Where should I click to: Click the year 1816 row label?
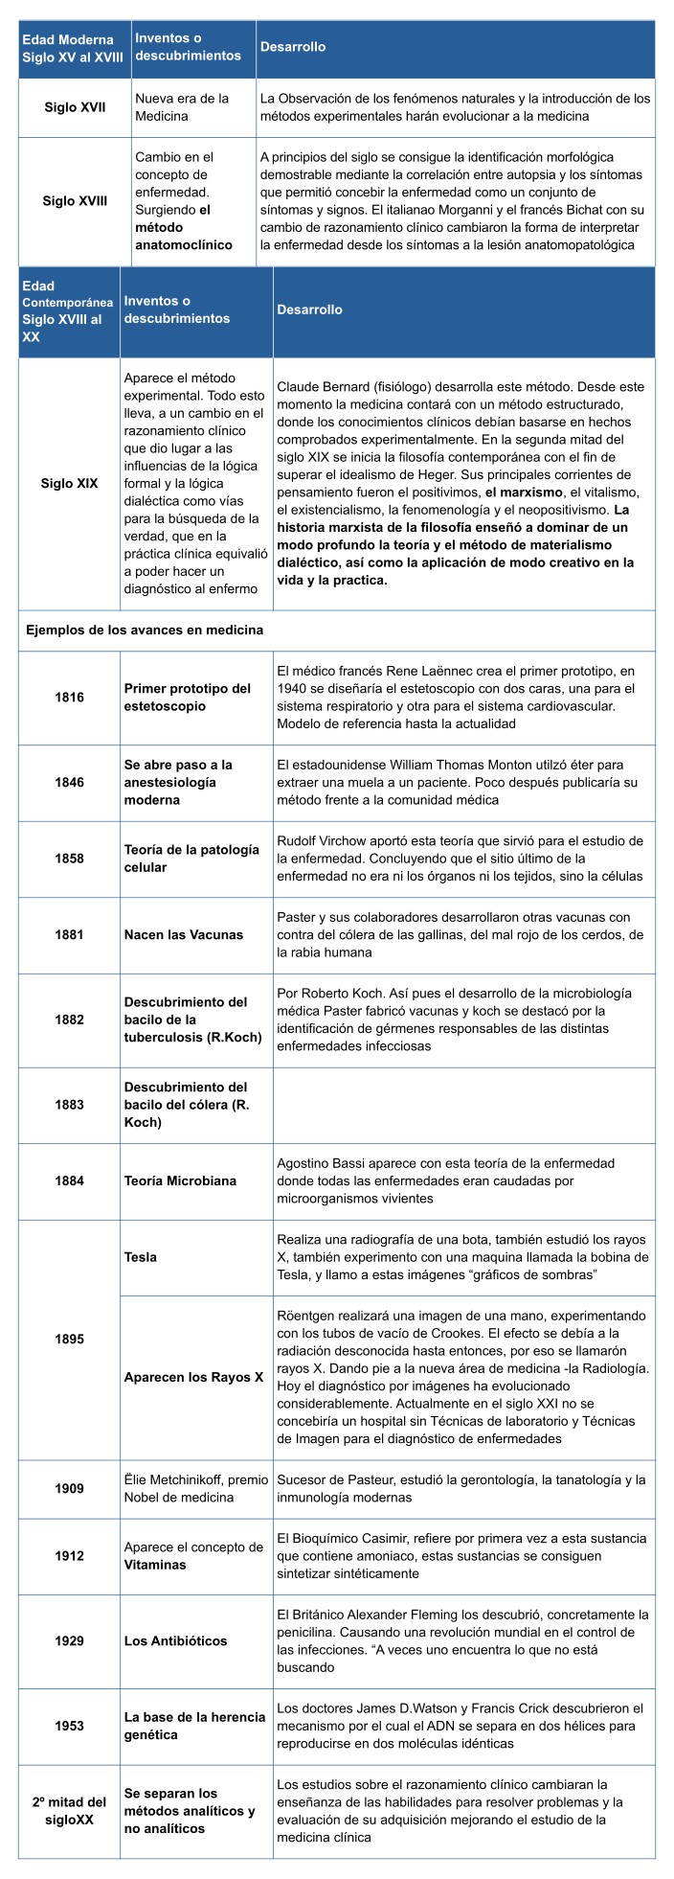(69, 697)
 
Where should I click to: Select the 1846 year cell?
(69, 782)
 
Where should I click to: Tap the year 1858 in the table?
(69, 859)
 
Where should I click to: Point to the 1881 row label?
(69, 934)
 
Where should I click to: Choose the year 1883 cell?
(69, 1104)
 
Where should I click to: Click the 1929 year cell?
(69, 1640)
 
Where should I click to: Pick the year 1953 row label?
(69, 1726)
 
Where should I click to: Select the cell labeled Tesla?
(141, 1256)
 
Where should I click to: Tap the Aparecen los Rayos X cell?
(193, 1377)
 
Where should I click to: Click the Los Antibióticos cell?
(176, 1640)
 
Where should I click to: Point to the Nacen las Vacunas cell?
(184, 934)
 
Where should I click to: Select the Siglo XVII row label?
(75, 106)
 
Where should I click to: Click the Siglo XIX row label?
(69, 483)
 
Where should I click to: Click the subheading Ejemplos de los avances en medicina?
(145, 630)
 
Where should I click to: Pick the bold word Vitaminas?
(155, 1564)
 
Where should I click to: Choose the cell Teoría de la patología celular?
(191, 859)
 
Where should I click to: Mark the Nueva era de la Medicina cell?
(182, 106)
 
